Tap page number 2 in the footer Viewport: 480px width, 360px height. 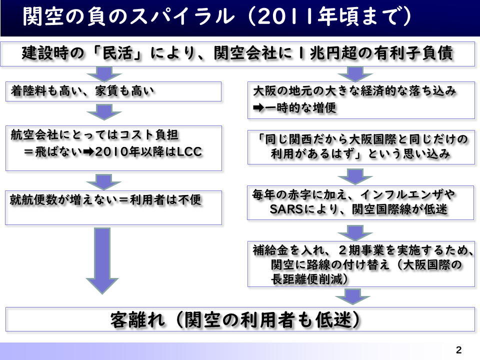[458, 349]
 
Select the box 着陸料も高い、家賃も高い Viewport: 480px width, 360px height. [113, 91]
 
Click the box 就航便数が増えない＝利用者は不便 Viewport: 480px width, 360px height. [113, 208]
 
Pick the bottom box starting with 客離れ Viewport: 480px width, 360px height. [240, 319]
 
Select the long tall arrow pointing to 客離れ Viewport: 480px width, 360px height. [102, 261]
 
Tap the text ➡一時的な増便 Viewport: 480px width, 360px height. [294, 108]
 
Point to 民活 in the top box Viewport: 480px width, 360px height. [117, 53]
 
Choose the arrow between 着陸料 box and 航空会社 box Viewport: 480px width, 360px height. [104, 111]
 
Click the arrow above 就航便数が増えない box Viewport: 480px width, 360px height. [104, 182]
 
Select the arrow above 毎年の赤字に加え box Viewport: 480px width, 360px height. [355, 176]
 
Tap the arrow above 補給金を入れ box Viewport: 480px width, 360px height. [355, 233]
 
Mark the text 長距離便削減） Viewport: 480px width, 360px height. [310, 279]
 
